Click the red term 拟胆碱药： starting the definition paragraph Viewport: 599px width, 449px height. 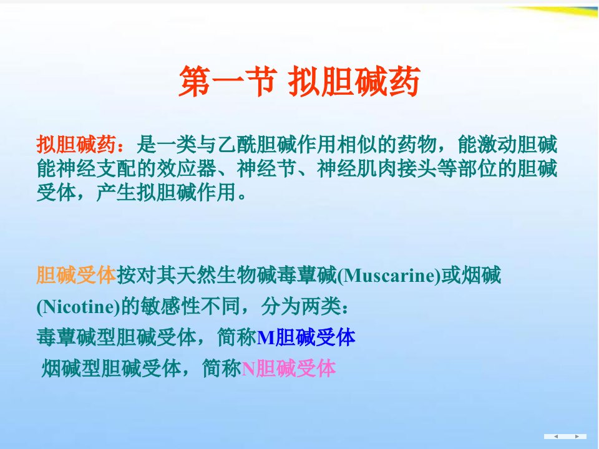click(x=81, y=145)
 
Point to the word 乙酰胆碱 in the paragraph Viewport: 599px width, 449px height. click(x=257, y=145)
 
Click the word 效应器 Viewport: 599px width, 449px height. click(x=187, y=168)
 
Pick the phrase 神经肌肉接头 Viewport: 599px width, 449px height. click(x=377, y=168)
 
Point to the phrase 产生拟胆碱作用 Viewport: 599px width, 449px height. click(x=166, y=192)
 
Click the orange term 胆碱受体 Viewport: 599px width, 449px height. click(x=76, y=275)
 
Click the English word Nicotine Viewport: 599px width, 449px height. click(x=79, y=307)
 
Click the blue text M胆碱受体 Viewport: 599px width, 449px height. click(x=306, y=337)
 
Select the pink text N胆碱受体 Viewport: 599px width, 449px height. click(x=288, y=369)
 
